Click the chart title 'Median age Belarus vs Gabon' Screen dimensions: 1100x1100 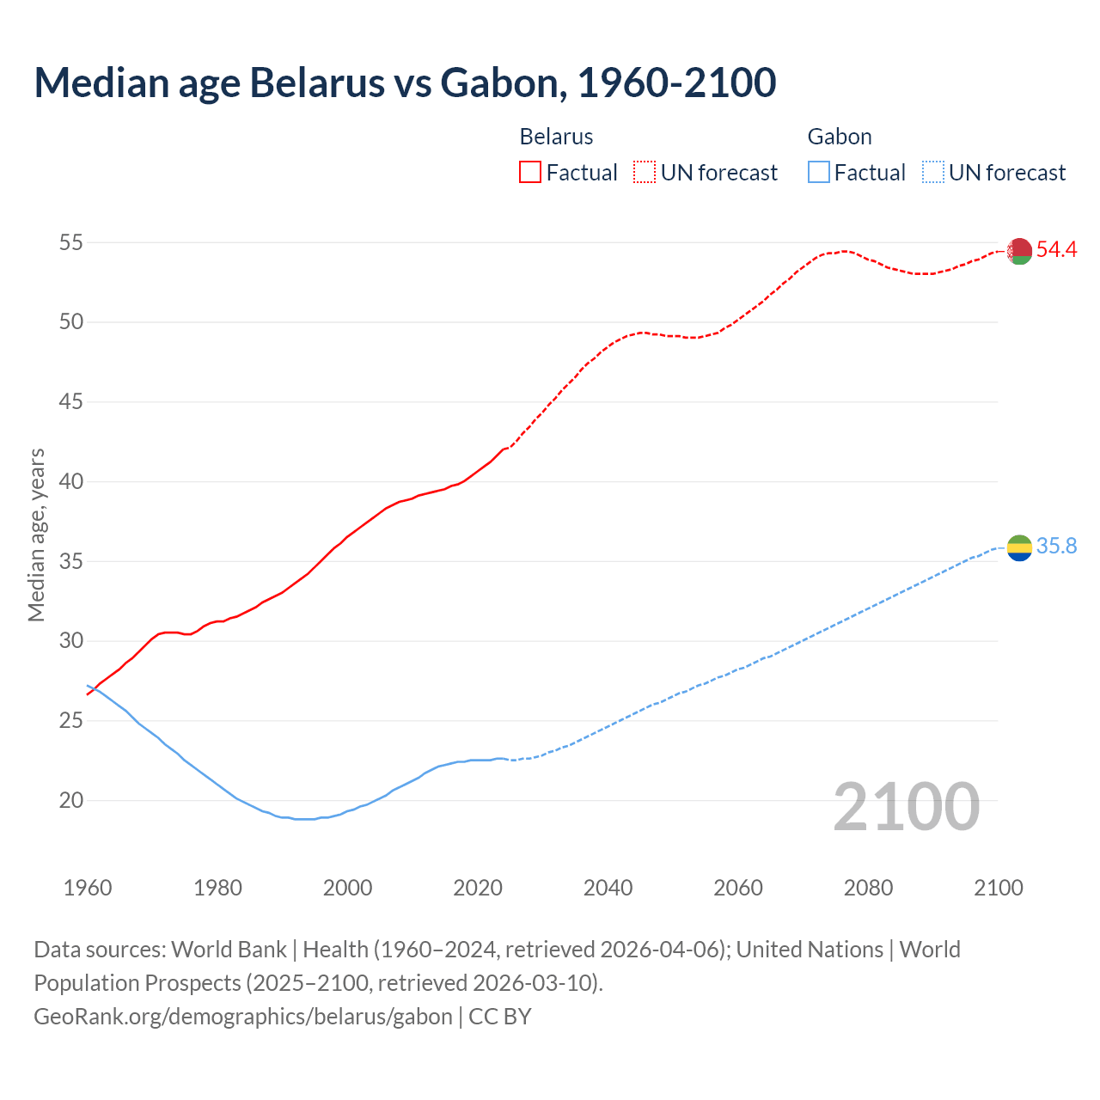405,82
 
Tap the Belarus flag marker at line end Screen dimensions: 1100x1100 1019,251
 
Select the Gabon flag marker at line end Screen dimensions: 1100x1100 1019,547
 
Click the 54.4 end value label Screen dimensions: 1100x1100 1056,250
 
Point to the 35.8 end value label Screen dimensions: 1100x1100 1056,547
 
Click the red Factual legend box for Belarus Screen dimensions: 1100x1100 530,173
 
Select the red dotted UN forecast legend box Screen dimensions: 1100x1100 645,173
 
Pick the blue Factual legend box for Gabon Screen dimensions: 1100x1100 818,173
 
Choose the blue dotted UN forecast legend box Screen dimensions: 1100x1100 932,173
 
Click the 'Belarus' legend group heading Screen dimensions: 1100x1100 556,137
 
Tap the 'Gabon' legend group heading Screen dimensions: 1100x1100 840,137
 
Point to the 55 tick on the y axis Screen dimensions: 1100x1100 70,243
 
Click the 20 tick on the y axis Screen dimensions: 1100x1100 70,801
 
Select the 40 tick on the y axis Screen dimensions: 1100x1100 70,482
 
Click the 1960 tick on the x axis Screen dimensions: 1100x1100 88,888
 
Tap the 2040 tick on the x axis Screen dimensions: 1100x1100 608,888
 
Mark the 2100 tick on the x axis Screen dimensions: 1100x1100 998,888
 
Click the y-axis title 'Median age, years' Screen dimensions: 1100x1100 36,535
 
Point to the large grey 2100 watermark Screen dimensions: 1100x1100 906,807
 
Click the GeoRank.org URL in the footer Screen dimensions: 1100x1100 243,1017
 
